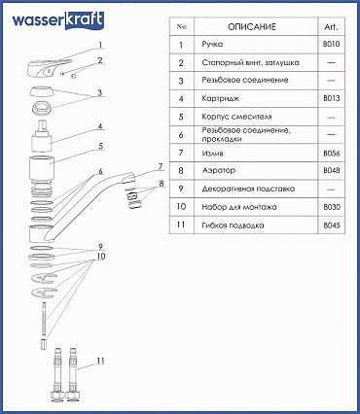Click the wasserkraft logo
(58, 20)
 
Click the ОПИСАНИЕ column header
(252, 27)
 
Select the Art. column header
(331, 27)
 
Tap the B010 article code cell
(332, 44)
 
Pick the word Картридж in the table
(221, 98)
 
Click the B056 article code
(332, 153)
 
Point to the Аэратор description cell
(219, 170)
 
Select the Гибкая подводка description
(233, 225)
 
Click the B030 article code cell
(332, 207)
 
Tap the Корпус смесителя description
(236, 117)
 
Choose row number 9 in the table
(181, 189)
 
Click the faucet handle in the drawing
(50, 67)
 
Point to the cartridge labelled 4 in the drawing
(42, 137)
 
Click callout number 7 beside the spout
(161, 167)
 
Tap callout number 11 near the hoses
(100, 361)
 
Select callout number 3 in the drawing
(100, 92)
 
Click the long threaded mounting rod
(44, 319)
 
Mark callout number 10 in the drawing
(101, 256)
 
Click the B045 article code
(332, 225)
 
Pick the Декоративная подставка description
(248, 189)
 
